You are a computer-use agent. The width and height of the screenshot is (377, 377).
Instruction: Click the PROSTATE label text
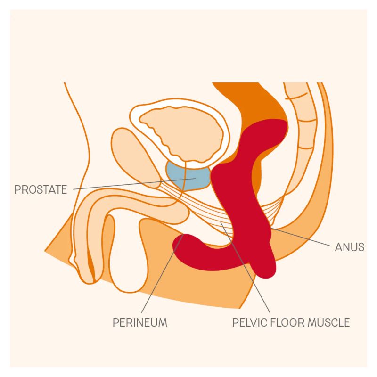point(41,189)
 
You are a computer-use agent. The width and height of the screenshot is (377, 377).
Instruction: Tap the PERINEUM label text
point(140,322)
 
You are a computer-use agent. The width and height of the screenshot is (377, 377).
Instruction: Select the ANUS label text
point(350,247)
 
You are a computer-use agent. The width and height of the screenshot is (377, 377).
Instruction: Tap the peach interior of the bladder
point(181,132)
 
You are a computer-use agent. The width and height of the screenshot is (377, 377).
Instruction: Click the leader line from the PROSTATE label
point(135,184)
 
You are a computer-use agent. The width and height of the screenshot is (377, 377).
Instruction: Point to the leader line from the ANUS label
point(301,237)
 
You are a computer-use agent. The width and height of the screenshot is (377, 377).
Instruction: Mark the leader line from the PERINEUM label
point(163,273)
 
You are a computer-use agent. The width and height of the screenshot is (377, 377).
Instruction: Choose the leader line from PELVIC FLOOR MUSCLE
point(245,268)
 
